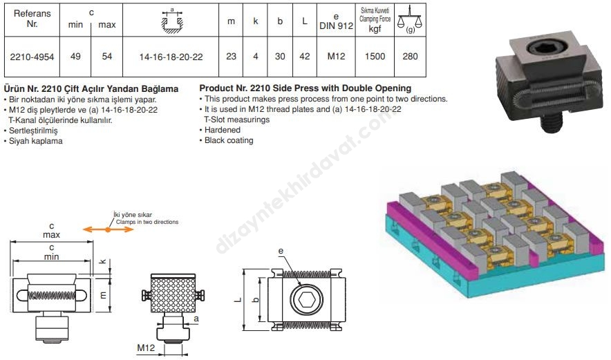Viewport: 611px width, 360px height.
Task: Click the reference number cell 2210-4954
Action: pyautogui.click(x=32, y=57)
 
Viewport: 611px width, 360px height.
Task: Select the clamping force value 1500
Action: pyautogui.click(x=375, y=57)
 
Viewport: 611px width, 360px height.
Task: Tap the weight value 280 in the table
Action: pyautogui.click(x=410, y=57)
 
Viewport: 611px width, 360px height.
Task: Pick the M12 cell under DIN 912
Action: pyautogui.click(x=336, y=57)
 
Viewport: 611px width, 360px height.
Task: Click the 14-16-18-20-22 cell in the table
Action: pyautogui.click(x=171, y=57)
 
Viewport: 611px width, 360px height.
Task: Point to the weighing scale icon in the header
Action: pyautogui.click(x=410, y=19)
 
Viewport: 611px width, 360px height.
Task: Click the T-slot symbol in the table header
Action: pyautogui.click(x=172, y=21)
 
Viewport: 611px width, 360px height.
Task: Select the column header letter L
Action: pyautogui.click(x=305, y=21)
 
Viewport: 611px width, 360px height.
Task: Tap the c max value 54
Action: pyautogui.click(x=106, y=57)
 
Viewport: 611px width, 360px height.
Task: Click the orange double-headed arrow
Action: pyautogui.click(x=108, y=229)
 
